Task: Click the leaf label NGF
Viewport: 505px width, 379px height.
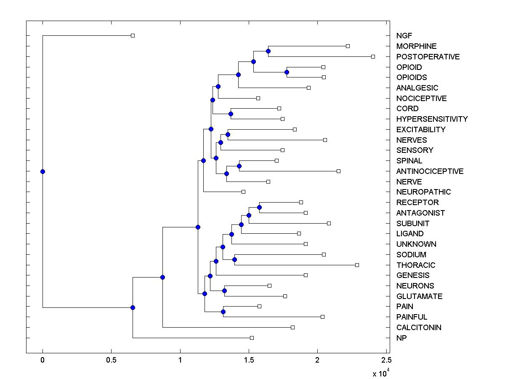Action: (404, 36)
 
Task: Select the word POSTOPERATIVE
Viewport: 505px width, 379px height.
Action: (428, 56)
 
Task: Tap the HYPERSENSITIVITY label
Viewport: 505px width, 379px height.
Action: (432, 119)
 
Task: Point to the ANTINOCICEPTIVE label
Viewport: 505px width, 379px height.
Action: (430, 171)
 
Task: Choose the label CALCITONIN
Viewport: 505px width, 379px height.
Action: (419, 328)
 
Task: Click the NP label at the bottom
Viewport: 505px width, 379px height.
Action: (401, 338)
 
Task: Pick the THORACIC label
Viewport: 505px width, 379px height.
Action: (416, 265)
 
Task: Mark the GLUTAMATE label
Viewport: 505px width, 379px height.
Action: (419, 296)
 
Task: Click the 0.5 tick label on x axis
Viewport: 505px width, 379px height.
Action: (111, 360)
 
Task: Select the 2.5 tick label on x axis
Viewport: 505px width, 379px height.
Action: (386, 360)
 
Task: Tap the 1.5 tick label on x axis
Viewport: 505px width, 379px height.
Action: (249, 360)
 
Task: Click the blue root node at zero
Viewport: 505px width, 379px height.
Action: (43, 171)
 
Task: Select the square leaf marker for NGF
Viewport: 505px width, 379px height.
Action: (133, 35)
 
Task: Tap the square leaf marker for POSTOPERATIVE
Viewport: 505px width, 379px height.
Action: (373, 56)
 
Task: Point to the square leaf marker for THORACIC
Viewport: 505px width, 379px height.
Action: (357, 265)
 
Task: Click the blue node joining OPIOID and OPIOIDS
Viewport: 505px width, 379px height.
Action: (287, 72)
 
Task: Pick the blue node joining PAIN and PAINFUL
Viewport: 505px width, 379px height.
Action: (223, 312)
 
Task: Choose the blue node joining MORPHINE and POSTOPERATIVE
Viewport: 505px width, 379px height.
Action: (268, 51)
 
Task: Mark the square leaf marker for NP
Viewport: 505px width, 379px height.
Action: (252, 338)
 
